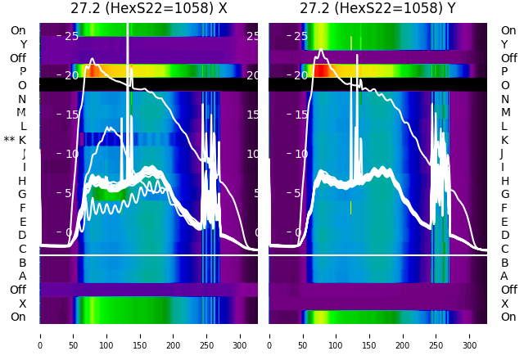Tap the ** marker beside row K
[x=10, y=141]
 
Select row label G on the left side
[x=22, y=195]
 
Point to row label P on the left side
[x=23, y=72]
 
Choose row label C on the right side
[x=504, y=250]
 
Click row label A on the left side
[x=23, y=277]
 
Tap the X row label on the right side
[x=504, y=304]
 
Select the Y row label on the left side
[x=23, y=44]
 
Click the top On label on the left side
[x=18, y=30]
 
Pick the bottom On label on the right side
[x=508, y=317]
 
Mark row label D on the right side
[x=504, y=236]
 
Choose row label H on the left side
[x=22, y=181]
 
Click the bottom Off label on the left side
[x=18, y=290]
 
